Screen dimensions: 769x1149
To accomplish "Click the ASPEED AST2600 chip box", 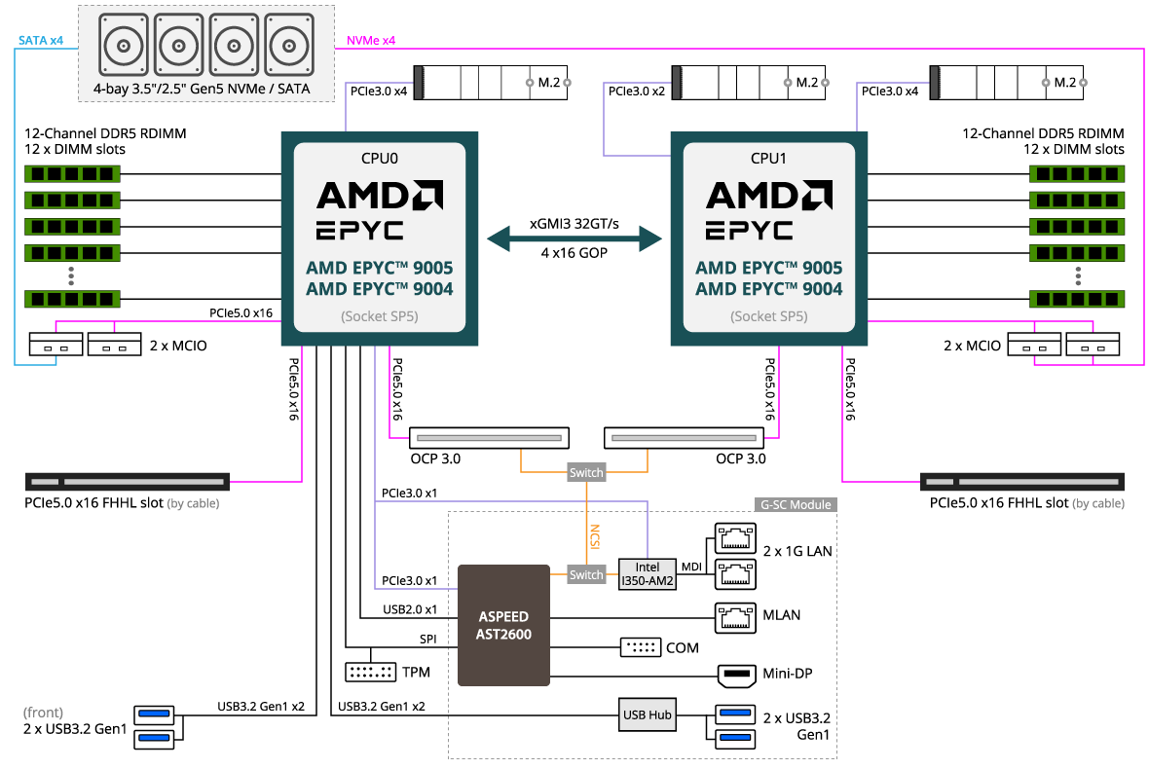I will pyautogui.click(x=504, y=625).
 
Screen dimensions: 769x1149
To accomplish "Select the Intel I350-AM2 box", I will pyautogui.click(x=648, y=574).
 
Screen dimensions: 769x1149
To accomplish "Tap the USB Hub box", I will pyautogui.click(x=648, y=714).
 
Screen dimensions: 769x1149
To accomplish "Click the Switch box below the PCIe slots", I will pyautogui.click(x=586, y=473).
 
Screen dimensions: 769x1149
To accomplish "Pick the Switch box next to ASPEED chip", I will pyautogui.click(x=586, y=575).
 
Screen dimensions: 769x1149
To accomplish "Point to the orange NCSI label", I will pyautogui.click(x=594, y=536).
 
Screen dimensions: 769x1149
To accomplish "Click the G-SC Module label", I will pyautogui.click(x=796, y=505).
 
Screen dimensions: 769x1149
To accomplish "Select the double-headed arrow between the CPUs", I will pyautogui.click(x=574, y=238).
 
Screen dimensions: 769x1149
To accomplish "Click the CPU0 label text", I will pyautogui.click(x=379, y=157).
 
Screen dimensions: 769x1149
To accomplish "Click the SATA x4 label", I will pyautogui.click(x=41, y=41).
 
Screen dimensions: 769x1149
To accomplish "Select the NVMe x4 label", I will pyautogui.click(x=371, y=41).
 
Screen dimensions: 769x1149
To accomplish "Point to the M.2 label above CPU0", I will pyautogui.click(x=549, y=83).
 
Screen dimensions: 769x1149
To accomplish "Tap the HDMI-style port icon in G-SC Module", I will pyautogui.click(x=736, y=676).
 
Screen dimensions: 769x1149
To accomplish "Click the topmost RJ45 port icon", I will pyautogui.click(x=736, y=536).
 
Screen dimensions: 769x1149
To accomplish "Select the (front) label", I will pyautogui.click(x=43, y=714).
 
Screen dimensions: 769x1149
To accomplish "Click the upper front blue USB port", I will pyautogui.click(x=154, y=715).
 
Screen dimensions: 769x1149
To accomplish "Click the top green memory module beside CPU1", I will pyautogui.click(x=1077, y=173).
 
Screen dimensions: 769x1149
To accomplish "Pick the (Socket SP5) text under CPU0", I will pyautogui.click(x=379, y=316).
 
